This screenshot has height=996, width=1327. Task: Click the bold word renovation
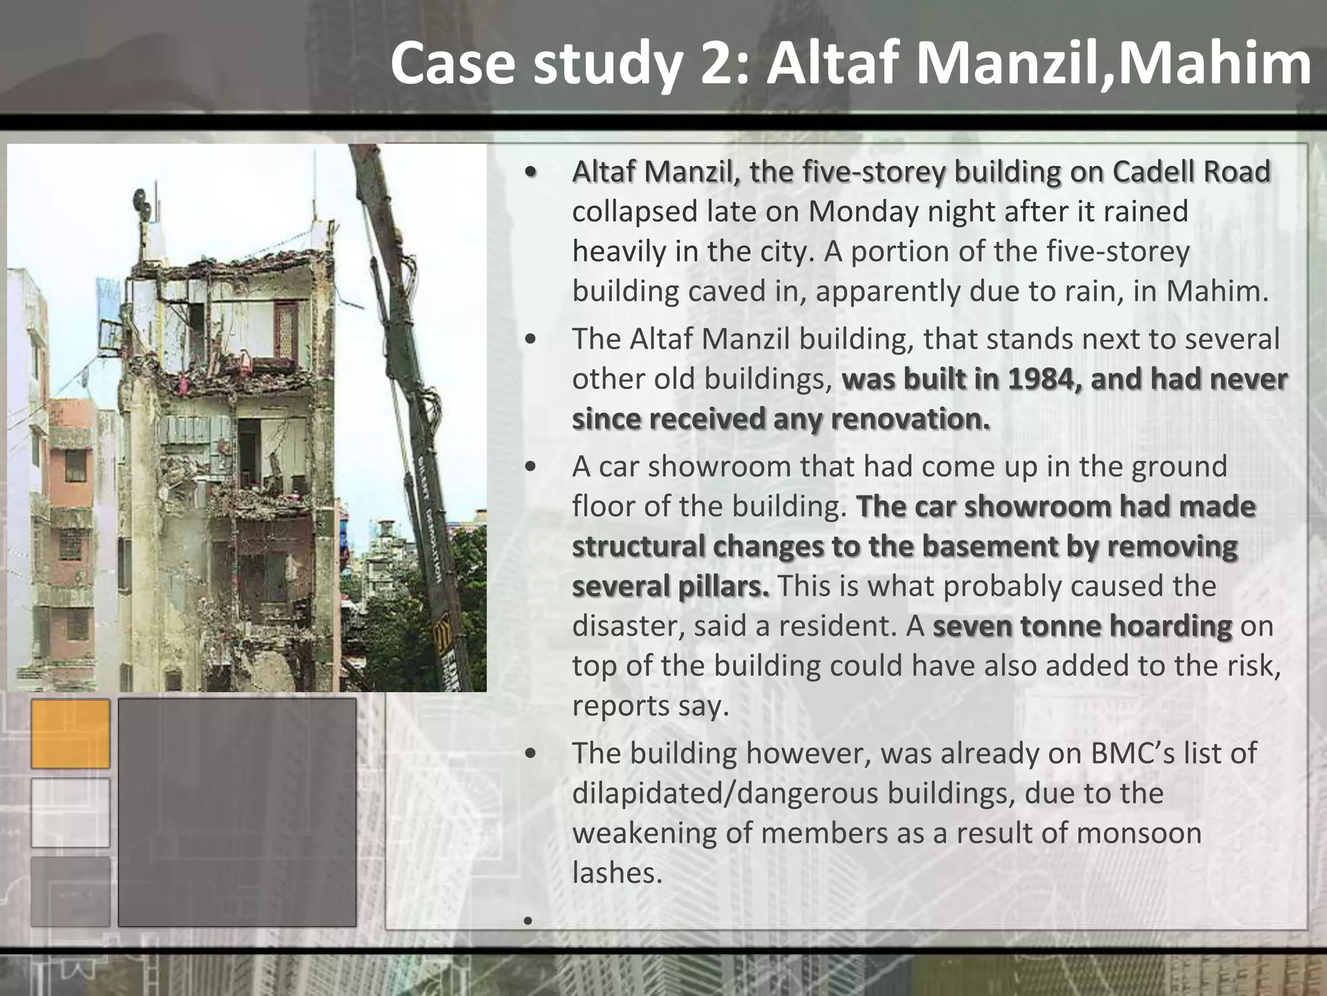coord(910,419)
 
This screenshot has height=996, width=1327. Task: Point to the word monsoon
coord(1140,833)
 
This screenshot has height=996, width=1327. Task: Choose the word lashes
coord(616,873)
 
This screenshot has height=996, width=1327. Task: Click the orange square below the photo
coord(71,734)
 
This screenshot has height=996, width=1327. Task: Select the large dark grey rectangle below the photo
coord(237,812)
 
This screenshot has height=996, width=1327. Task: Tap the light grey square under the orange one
coord(71,812)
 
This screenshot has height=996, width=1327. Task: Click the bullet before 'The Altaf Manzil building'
coord(531,340)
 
